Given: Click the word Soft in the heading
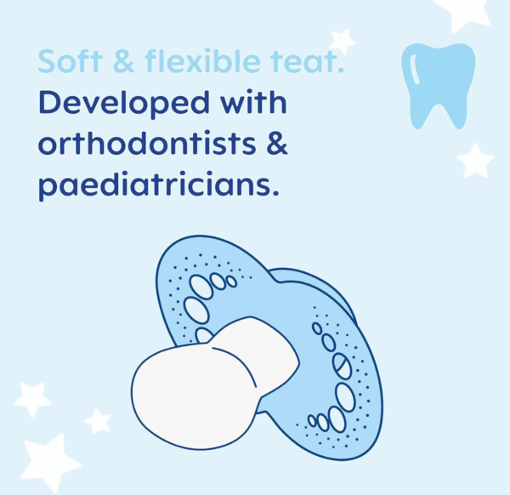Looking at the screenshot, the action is click(x=71, y=60).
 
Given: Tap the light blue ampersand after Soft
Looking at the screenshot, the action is click(x=124, y=61).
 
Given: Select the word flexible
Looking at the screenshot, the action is click(x=202, y=60).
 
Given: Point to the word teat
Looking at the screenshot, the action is click(x=307, y=61).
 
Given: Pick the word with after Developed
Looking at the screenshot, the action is click(x=253, y=101).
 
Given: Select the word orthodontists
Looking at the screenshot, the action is click(x=147, y=143).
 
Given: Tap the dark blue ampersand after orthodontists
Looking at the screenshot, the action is click(x=277, y=143).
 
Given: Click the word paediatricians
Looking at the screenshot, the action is click(x=155, y=185).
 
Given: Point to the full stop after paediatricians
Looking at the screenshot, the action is click(x=275, y=193).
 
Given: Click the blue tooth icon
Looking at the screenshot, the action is click(x=438, y=86).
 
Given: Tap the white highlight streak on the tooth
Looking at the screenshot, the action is click(x=416, y=70).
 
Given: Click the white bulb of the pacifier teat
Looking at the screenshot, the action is click(x=195, y=397).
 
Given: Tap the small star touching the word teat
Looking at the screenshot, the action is click(x=343, y=42).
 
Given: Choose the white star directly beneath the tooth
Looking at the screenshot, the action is click(x=475, y=161).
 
